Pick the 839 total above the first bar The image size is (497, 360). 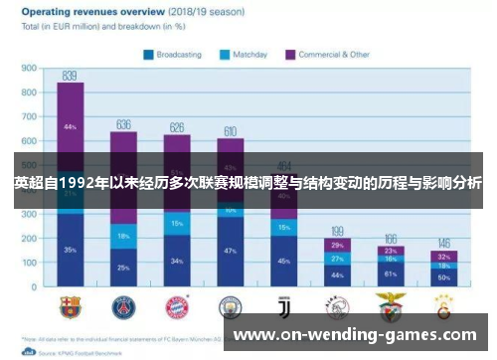tap(70, 76)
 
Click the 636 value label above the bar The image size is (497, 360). tap(123, 124)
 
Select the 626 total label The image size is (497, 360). tap(177, 127)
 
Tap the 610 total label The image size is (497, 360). tap(230, 130)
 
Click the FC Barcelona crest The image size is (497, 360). tap(70, 306)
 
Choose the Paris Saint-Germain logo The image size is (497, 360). tap(123, 306)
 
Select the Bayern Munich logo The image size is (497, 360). tap(177, 306)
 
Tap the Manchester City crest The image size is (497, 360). tap(230, 306)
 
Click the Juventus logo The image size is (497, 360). tap(283, 306)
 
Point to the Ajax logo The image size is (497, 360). tap(337, 306)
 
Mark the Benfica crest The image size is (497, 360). tap(391, 306)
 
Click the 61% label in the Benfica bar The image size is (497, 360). tap(391, 272)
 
